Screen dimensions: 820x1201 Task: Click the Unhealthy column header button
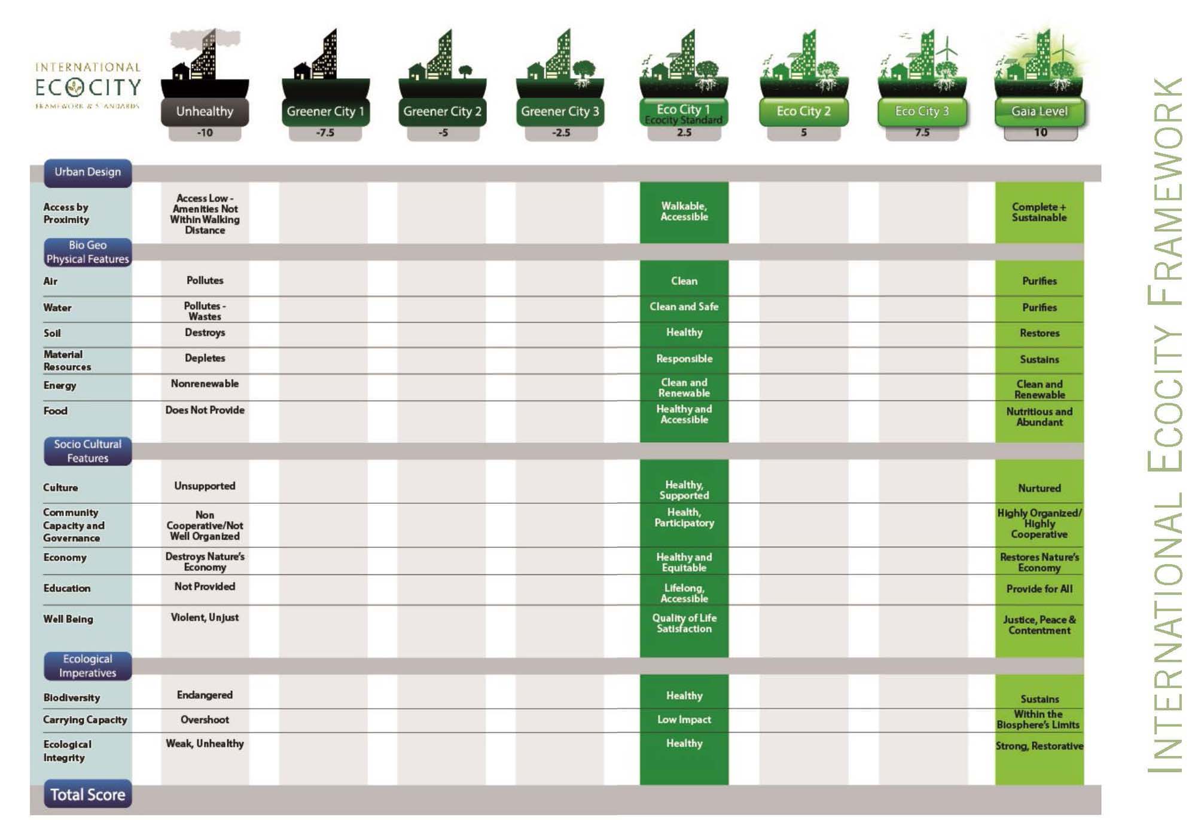tap(205, 112)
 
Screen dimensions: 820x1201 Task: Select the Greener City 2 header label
tap(442, 112)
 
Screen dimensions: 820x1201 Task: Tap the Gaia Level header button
tap(1039, 112)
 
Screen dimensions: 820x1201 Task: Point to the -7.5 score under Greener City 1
tap(325, 133)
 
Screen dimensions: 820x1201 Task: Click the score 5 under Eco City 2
tap(803, 133)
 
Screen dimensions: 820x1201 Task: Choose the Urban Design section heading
tap(87, 172)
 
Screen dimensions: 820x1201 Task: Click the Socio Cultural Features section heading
tap(87, 451)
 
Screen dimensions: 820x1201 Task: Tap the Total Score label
tap(87, 794)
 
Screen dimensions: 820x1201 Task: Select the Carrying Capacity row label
tap(85, 720)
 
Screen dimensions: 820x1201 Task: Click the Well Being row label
tap(68, 619)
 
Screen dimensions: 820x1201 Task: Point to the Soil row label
tap(52, 333)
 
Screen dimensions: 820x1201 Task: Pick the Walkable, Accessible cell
tap(684, 212)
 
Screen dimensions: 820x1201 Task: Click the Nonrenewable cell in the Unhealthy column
tap(205, 384)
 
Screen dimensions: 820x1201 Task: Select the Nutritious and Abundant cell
tap(1039, 417)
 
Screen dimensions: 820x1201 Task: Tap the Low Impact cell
tap(684, 720)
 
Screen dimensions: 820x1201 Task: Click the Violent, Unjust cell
tap(205, 617)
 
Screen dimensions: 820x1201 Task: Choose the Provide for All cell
tap(1039, 589)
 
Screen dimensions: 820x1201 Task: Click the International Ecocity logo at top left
tap(87, 86)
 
